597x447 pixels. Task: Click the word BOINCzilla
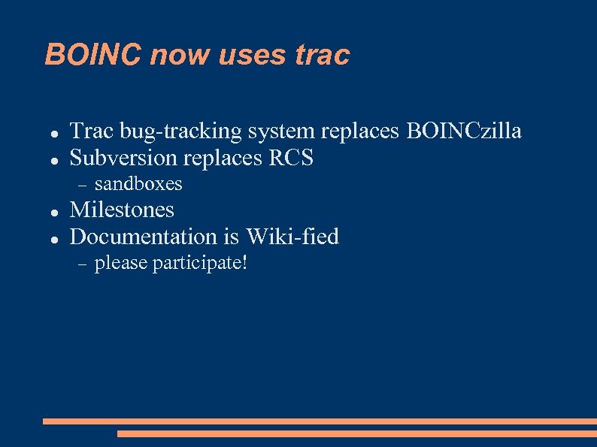(x=464, y=131)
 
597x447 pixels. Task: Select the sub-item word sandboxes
(x=138, y=184)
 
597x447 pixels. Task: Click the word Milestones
(x=122, y=210)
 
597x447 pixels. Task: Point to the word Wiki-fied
(x=292, y=237)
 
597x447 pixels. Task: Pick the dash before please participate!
(x=83, y=264)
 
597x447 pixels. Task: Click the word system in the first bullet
(x=280, y=132)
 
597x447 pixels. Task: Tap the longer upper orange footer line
(x=320, y=421)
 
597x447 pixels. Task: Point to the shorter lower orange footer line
(x=356, y=433)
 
